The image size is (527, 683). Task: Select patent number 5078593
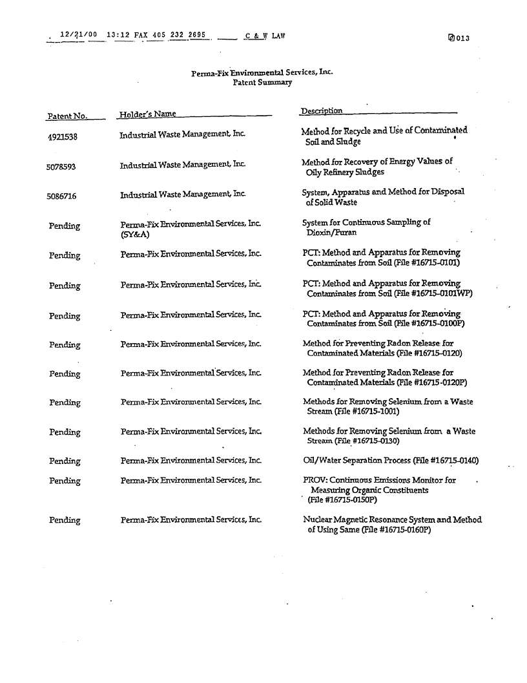(x=61, y=167)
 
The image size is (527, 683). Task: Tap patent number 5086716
(x=61, y=196)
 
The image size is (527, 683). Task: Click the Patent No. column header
(x=67, y=116)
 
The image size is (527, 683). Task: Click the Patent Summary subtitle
(x=262, y=83)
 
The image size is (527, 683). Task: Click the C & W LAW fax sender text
(x=265, y=36)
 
